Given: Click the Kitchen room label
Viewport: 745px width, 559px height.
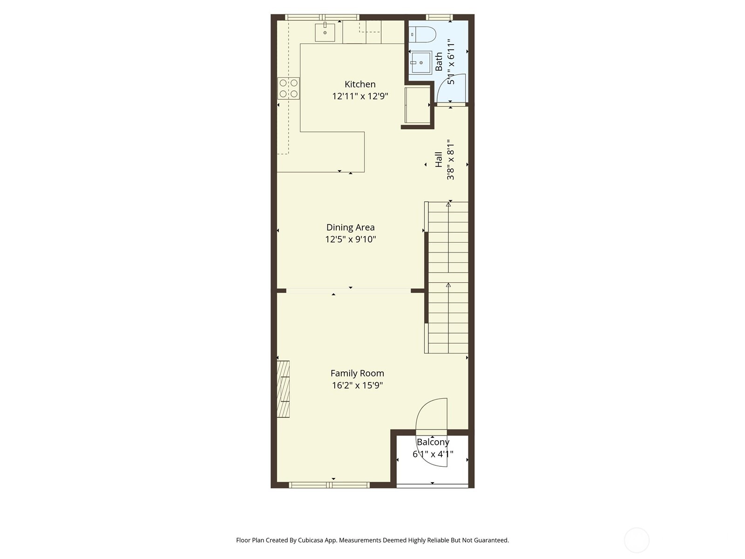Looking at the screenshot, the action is tap(360, 84).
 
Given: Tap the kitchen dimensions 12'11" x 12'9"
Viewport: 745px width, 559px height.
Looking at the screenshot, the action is tap(360, 96).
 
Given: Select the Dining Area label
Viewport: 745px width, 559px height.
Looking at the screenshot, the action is tap(350, 227).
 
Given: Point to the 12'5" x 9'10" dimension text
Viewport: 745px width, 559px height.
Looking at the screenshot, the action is tap(350, 239).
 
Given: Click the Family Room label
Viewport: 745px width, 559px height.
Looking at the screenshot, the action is tap(357, 373).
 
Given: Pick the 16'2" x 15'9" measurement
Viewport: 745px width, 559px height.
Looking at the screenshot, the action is tap(357, 385).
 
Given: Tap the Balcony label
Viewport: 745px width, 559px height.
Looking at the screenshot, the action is tap(433, 442).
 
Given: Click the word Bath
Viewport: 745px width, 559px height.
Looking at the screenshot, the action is tap(439, 61).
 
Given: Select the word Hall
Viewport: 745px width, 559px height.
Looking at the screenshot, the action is tap(439, 159).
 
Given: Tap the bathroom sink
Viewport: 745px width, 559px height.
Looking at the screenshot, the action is tap(421, 62).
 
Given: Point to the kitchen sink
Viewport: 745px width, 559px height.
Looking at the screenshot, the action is tap(325, 32).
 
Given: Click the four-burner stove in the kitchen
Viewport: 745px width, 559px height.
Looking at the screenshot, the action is tap(289, 88).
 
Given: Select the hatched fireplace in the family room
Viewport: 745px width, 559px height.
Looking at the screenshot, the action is tap(283, 389).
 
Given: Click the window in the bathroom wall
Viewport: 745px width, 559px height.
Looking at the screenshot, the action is tap(439, 17).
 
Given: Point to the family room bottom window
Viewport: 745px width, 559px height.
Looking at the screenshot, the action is tap(329, 485).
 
